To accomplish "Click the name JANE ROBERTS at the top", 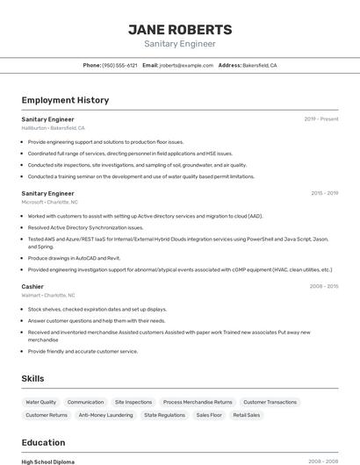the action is pyautogui.click(x=180, y=29).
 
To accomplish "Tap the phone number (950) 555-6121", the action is pyautogui.click(x=119, y=65).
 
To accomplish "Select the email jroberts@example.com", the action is pyautogui.click(x=186, y=65).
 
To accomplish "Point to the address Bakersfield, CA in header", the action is pyautogui.click(x=260, y=65).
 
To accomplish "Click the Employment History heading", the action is pyautogui.click(x=65, y=100).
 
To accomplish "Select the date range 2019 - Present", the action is pyautogui.click(x=321, y=118).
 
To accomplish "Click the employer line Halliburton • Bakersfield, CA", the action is pyautogui.click(x=54, y=128).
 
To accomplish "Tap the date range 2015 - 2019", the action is pyautogui.click(x=324, y=193).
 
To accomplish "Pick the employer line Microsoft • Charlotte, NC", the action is pyautogui.click(x=50, y=202).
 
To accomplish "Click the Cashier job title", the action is pyautogui.click(x=32, y=286).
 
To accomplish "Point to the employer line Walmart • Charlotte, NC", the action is pyautogui.click(x=48, y=296).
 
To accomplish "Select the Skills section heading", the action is pyautogui.click(x=34, y=378).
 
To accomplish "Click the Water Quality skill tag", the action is pyautogui.click(x=41, y=402).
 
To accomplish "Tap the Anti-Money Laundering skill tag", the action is pyautogui.click(x=105, y=415).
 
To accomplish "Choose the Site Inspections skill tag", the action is pyautogui.click(x=133, y=402).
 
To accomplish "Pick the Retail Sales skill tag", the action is pyautogui.click(x=247, y=415).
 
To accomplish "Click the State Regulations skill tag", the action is pyautogui.click(x=164, y=415).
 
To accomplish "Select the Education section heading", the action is pyautogui.click(x=43, y=442).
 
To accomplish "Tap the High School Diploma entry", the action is pyautogui.click(x=48, y=461).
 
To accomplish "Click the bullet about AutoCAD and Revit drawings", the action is pyautogui.click(x=74, y=258).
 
